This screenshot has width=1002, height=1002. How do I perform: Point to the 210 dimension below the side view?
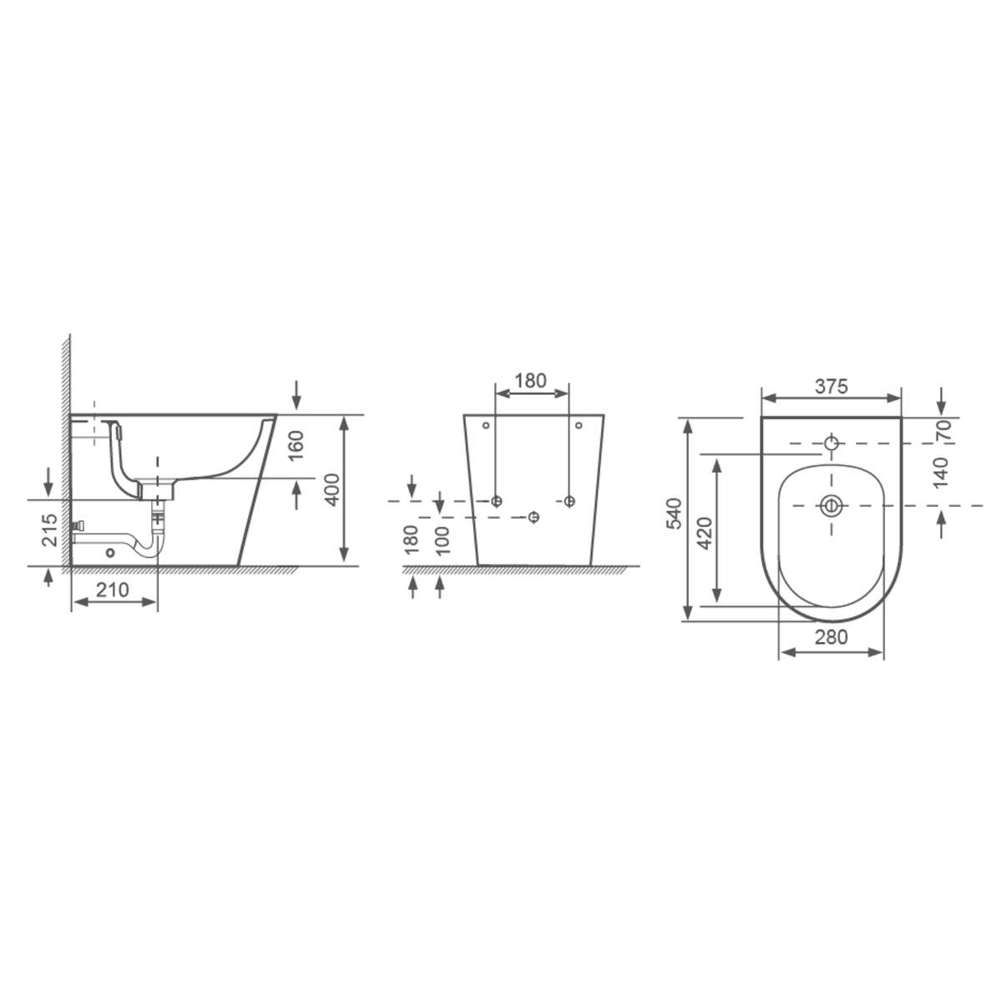click(x=113, y=590)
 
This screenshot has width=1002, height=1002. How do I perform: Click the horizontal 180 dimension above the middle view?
click(x=530, y=381)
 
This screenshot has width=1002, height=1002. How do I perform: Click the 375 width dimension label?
click(x=832, y=386)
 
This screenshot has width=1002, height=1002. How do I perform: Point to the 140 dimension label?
click(x=942, y=473)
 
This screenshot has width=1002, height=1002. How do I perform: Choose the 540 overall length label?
click(x=675, y=513)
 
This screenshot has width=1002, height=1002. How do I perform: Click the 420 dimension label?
click(x=703, y=532)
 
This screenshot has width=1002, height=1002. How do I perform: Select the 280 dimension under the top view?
click(x=831, y=637)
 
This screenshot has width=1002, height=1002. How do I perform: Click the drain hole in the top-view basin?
click(x=831, y=505)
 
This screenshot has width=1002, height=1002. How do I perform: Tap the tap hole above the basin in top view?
click(x=831, y=443)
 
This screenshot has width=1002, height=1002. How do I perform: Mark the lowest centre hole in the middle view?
click(x=533, y=518)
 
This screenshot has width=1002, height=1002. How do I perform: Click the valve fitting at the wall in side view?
click(x=80, y=527)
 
